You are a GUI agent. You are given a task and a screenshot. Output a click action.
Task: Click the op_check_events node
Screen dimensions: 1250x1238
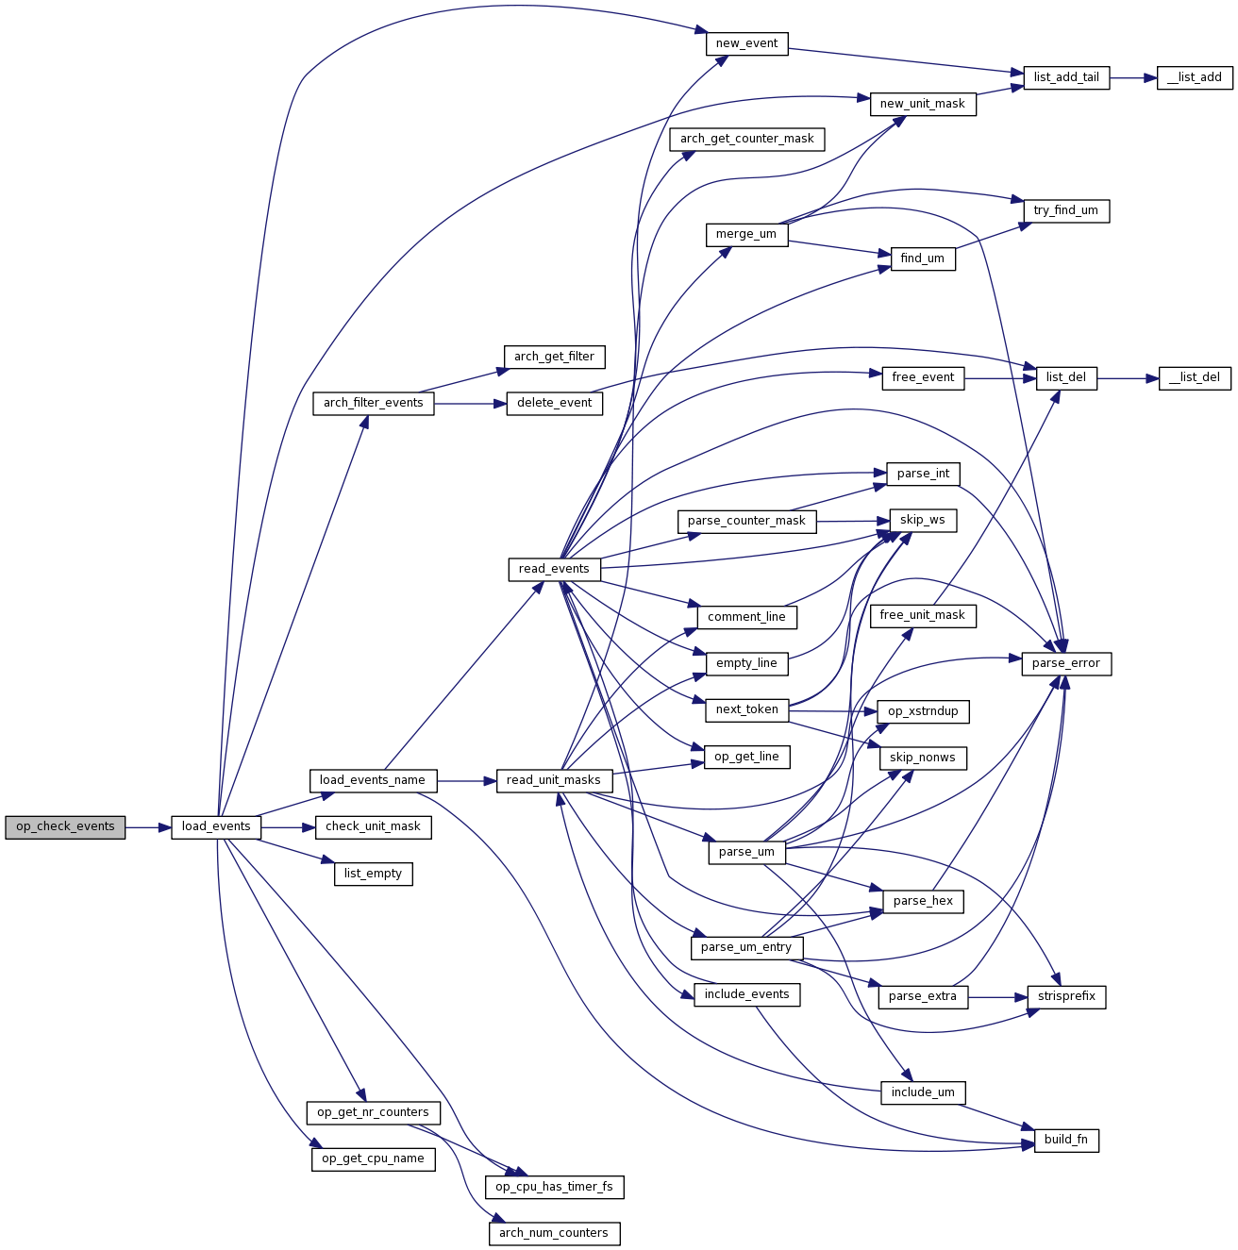[x=65, y=827]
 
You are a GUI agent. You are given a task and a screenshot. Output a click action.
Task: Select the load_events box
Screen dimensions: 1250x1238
[x=216, y=827]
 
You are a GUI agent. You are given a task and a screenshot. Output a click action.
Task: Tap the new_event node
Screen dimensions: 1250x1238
[x=746, y=43]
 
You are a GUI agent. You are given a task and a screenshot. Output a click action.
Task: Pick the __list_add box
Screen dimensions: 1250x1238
[x=1195, y=78]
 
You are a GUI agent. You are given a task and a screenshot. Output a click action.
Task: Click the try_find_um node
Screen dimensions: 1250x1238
[x=1065, y=210]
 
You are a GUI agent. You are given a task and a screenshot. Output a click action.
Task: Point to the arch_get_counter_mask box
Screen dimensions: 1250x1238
[x=746, y=139]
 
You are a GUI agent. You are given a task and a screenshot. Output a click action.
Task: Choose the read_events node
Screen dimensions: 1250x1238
[x=554, y=569]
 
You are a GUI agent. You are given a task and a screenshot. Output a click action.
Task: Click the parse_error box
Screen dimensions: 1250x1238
[x=1066, y=663]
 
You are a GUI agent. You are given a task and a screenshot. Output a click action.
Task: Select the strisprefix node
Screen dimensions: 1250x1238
[x=1066, y=996]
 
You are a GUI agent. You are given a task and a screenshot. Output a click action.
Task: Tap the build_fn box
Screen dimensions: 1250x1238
[x=1066, y=1140]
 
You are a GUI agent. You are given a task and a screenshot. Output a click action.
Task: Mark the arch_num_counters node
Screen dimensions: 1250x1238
[x=554, y=1233]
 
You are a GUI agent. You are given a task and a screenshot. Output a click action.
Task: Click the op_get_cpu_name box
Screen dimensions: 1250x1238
[x=373, y=1158]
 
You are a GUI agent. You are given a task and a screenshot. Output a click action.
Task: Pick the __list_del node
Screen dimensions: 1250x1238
[x=1195, y=377]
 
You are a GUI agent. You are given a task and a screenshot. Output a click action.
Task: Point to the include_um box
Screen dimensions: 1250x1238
[x=923, y=1092]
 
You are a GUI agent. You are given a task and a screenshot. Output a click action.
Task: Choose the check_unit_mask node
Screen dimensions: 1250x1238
[x=373, y=827]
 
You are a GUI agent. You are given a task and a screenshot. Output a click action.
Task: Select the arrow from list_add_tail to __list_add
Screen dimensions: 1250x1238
[x=1133, y=78]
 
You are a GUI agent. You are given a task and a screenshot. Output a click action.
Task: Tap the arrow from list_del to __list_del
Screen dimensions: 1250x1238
[x=1128, y=377]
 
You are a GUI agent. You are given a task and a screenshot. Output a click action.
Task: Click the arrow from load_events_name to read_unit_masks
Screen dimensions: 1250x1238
[x=466, y=780]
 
